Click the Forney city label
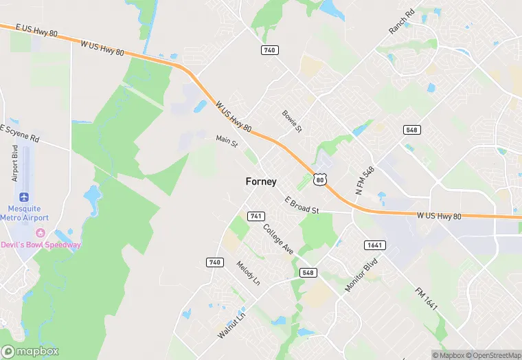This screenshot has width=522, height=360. [261, 181]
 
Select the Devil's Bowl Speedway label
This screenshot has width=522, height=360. [41, 245]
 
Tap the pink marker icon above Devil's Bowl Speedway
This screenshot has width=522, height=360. [41, 234]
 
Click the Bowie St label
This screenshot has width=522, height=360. [292, 120]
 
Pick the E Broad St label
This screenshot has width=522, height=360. [303, 205]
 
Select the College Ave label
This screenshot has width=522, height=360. [279, 240]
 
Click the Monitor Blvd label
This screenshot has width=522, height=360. [361, 274]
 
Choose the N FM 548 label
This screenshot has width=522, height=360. [364, 180]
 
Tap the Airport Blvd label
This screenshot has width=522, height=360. [15, 162]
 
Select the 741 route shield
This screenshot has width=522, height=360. [256, 216]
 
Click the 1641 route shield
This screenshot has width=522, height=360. [375, 245]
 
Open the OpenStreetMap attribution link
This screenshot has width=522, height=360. [492, 355]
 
